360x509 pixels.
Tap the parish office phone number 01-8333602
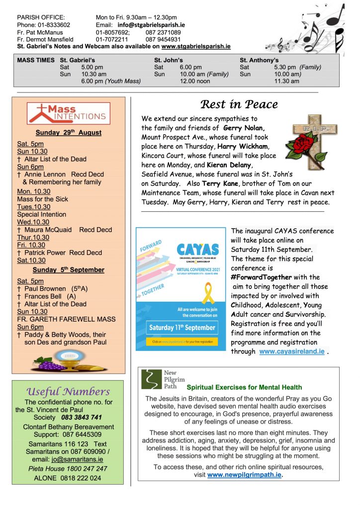[51, 25]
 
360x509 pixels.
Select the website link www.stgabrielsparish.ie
[196, 46]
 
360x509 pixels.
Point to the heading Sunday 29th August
[69, 133]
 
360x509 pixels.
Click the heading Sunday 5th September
[69, 270]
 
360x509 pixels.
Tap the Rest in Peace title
[239, 104]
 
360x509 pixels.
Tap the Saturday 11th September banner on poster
[182, 328]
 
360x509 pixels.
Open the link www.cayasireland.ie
[292, 351]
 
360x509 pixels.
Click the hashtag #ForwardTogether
[263, 277]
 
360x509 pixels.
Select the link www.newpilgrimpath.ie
[245, 475]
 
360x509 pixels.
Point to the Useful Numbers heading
[68, 392]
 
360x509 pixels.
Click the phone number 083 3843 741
[82, 418]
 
